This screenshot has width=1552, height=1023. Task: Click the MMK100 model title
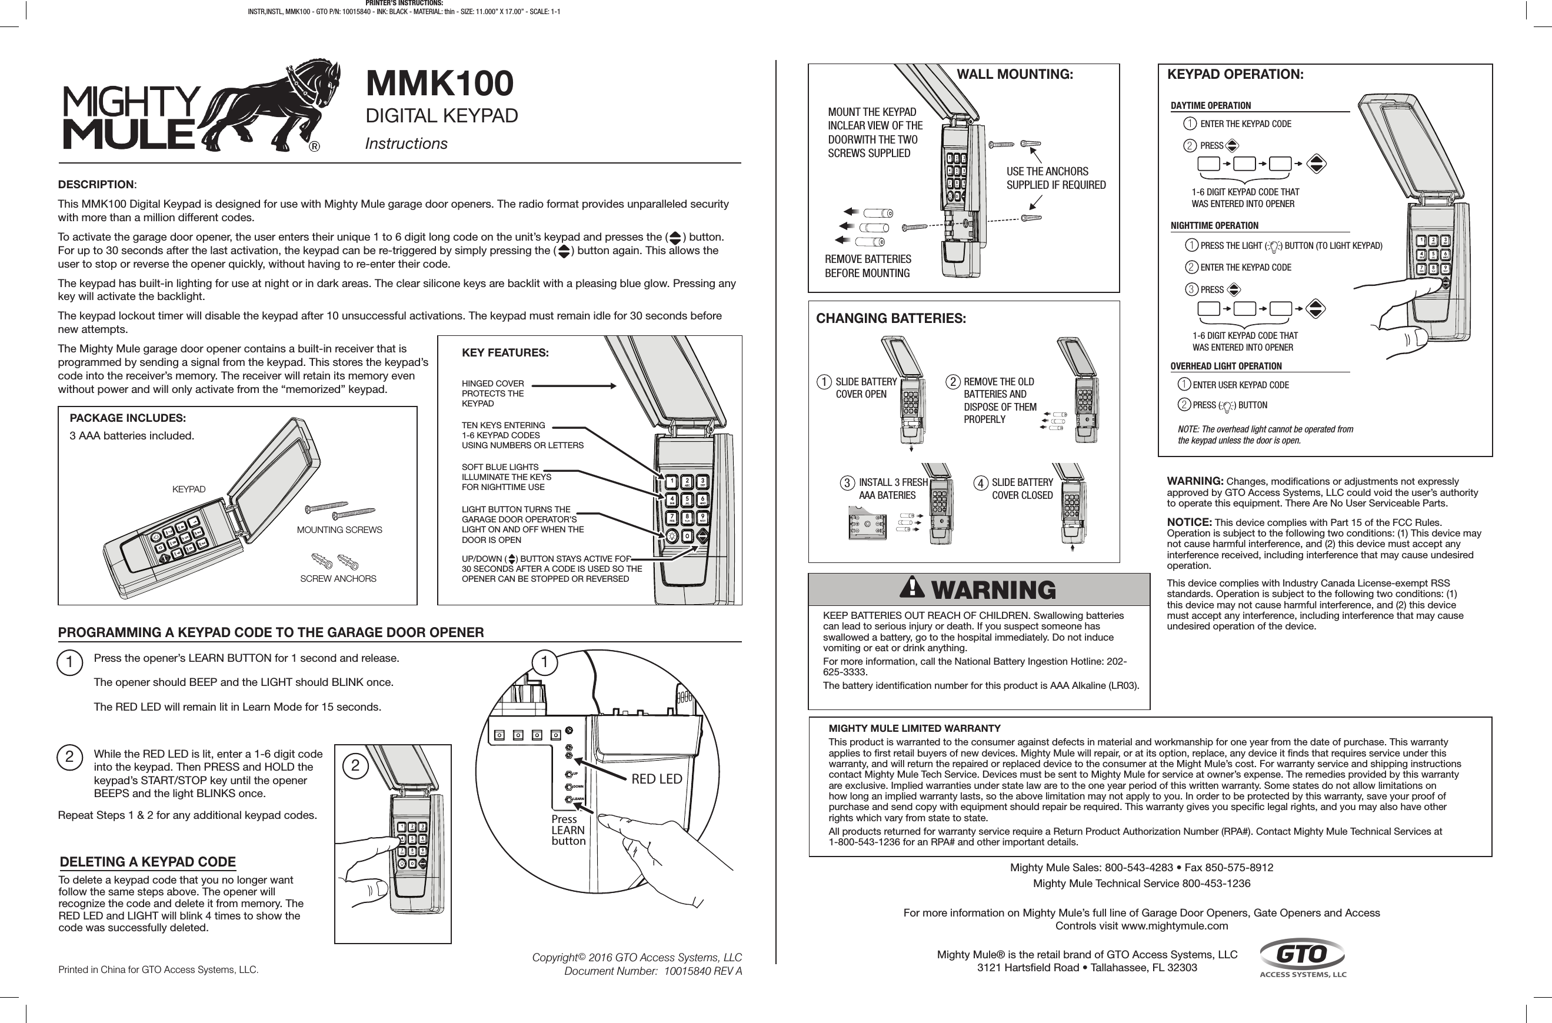[439, 84]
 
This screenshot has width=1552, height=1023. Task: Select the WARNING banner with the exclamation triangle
[978, 590]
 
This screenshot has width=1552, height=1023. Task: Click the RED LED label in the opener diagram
[657, 779]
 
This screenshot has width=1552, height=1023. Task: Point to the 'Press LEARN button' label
[568, 830]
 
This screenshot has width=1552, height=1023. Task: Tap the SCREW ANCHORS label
[337, 579]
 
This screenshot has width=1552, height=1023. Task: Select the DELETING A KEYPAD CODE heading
[148, 862]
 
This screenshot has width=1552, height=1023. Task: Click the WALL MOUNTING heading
[1014, 74]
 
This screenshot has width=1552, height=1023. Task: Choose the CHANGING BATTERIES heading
[891, 318]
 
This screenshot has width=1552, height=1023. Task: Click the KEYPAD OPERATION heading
[1235, 74]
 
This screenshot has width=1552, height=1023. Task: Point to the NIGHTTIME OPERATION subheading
[1214, 226]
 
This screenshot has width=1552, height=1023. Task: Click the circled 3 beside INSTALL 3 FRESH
[846, 484]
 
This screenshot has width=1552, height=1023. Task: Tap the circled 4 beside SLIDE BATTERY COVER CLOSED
[980, 484]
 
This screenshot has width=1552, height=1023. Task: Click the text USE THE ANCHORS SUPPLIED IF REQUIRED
[1055, 178]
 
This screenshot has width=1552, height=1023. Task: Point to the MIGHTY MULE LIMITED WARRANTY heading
[914, 728]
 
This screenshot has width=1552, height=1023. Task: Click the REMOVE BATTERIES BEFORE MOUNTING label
[868, 266]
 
